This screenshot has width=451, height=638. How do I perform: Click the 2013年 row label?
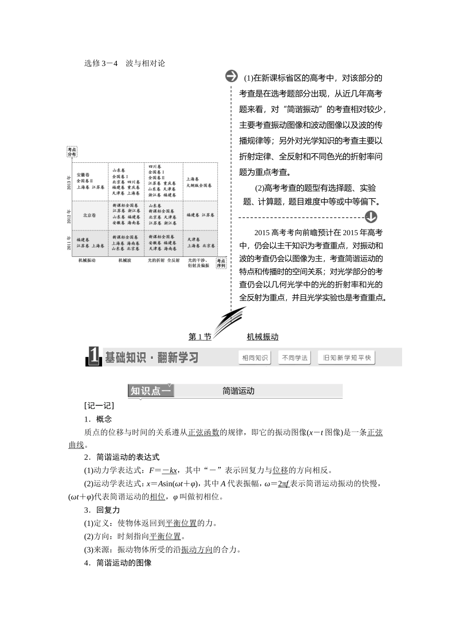coord(69,182)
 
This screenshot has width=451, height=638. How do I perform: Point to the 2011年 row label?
coord(69,244)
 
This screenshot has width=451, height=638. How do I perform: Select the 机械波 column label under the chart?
coord(125,260)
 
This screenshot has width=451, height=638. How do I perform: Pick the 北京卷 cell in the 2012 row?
coord(89,215)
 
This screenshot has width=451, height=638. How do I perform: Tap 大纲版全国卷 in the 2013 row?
coord(199,186)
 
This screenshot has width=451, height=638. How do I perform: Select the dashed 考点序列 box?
coord(221,263)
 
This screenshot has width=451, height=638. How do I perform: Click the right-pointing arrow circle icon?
coord(232,76)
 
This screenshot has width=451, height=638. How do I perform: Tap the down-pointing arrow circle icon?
coord(371,217)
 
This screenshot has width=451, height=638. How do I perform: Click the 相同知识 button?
coord(255,358)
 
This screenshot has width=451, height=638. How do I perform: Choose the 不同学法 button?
coord(294,358)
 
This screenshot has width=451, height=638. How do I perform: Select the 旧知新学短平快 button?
coord(347,358)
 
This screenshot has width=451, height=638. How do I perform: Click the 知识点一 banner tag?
coord(151,391)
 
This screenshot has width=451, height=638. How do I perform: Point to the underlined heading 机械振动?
coord(263,337)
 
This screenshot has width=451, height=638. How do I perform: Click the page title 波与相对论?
coord(145,63)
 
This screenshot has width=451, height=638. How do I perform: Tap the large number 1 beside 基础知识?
coord(94,357)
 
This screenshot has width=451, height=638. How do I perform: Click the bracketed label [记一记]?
coord(99,405)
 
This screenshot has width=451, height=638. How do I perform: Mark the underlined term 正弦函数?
coord(204,432)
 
